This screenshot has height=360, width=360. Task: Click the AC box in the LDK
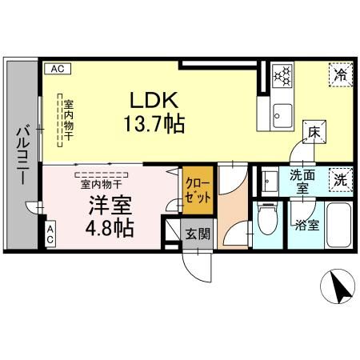pos(58,69)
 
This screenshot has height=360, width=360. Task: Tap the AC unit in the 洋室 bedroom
pos(50,234)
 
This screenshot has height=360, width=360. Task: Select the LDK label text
pos(154,100)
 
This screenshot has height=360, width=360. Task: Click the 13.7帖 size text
pos(154,123)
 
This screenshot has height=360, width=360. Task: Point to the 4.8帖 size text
pos(110,228)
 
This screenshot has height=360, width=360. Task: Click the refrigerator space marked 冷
pos(341,75)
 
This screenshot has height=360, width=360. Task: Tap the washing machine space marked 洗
pos(341,180)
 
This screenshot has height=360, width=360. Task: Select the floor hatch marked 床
pos(314,132)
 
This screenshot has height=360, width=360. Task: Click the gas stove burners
pos(282,76)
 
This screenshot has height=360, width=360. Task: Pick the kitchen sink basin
pos(282,116)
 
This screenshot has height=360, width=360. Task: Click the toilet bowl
pos(268,219)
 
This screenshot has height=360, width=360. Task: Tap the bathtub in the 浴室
pos(338,225)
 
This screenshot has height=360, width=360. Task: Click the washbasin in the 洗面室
pos(270,181)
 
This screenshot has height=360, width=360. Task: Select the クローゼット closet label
pos(198,190)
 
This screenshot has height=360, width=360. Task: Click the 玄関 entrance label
pos(198,234)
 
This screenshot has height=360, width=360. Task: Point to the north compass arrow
pos(340,287)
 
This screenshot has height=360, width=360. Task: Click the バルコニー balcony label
pos(23,155)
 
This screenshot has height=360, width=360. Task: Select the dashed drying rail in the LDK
pos(60,120)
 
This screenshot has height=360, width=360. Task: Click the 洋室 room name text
pos(110,205)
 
